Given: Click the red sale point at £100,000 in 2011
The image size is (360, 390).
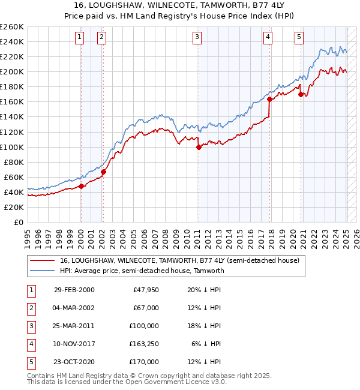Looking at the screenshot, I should click(199, 147).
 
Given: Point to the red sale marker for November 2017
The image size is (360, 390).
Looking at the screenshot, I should click(269, 100).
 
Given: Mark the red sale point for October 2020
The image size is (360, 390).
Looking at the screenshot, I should click(301, 94).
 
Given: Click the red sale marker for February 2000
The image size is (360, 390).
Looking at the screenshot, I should click(81, 186).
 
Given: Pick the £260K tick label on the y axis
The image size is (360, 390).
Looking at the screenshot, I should click(11, 27).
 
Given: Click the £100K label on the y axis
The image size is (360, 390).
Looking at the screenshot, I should click(11, 147).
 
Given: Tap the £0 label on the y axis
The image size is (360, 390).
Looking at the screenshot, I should click(18, 222).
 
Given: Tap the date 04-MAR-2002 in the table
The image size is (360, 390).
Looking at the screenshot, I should click(74, 308).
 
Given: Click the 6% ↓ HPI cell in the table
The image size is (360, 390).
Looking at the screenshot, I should click(206, 344).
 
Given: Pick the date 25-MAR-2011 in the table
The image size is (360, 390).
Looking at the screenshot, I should click(74, 326).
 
